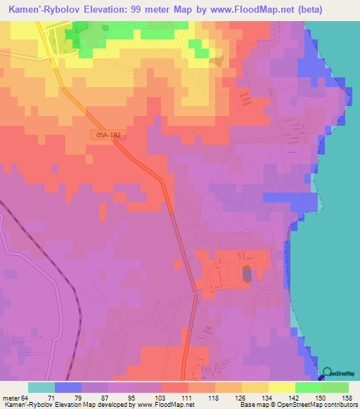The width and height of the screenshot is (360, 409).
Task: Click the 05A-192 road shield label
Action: click(108, 134)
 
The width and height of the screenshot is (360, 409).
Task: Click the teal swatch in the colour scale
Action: click(41, 387)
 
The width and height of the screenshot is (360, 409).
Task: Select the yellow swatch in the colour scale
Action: click(282, 387)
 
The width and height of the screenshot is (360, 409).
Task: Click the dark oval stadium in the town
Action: click(246, 273)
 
